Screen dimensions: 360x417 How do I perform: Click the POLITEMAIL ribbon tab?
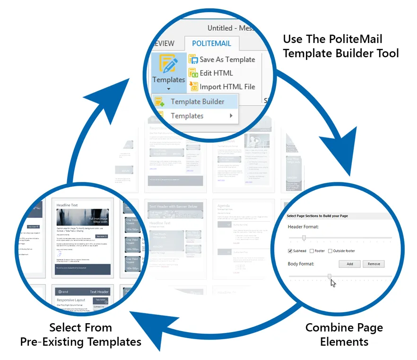[212, 43]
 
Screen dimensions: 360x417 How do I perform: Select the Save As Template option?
[227, 60]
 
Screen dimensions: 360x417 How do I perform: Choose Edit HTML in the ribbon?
[216, 73]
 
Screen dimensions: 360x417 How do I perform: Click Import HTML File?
[227, 87]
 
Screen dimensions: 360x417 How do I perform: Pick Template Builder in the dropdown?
[197, 102]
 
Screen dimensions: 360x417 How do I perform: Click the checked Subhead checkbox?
[290, 251]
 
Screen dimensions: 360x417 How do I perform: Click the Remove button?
[374, 264]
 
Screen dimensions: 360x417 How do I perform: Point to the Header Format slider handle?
[304, 238]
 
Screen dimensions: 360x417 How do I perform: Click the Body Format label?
[301, 264]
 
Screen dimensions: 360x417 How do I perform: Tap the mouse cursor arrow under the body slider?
[333, 283]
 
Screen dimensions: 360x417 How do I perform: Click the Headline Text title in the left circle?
[67, 206]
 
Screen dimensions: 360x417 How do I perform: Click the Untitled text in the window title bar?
[220, 28]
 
